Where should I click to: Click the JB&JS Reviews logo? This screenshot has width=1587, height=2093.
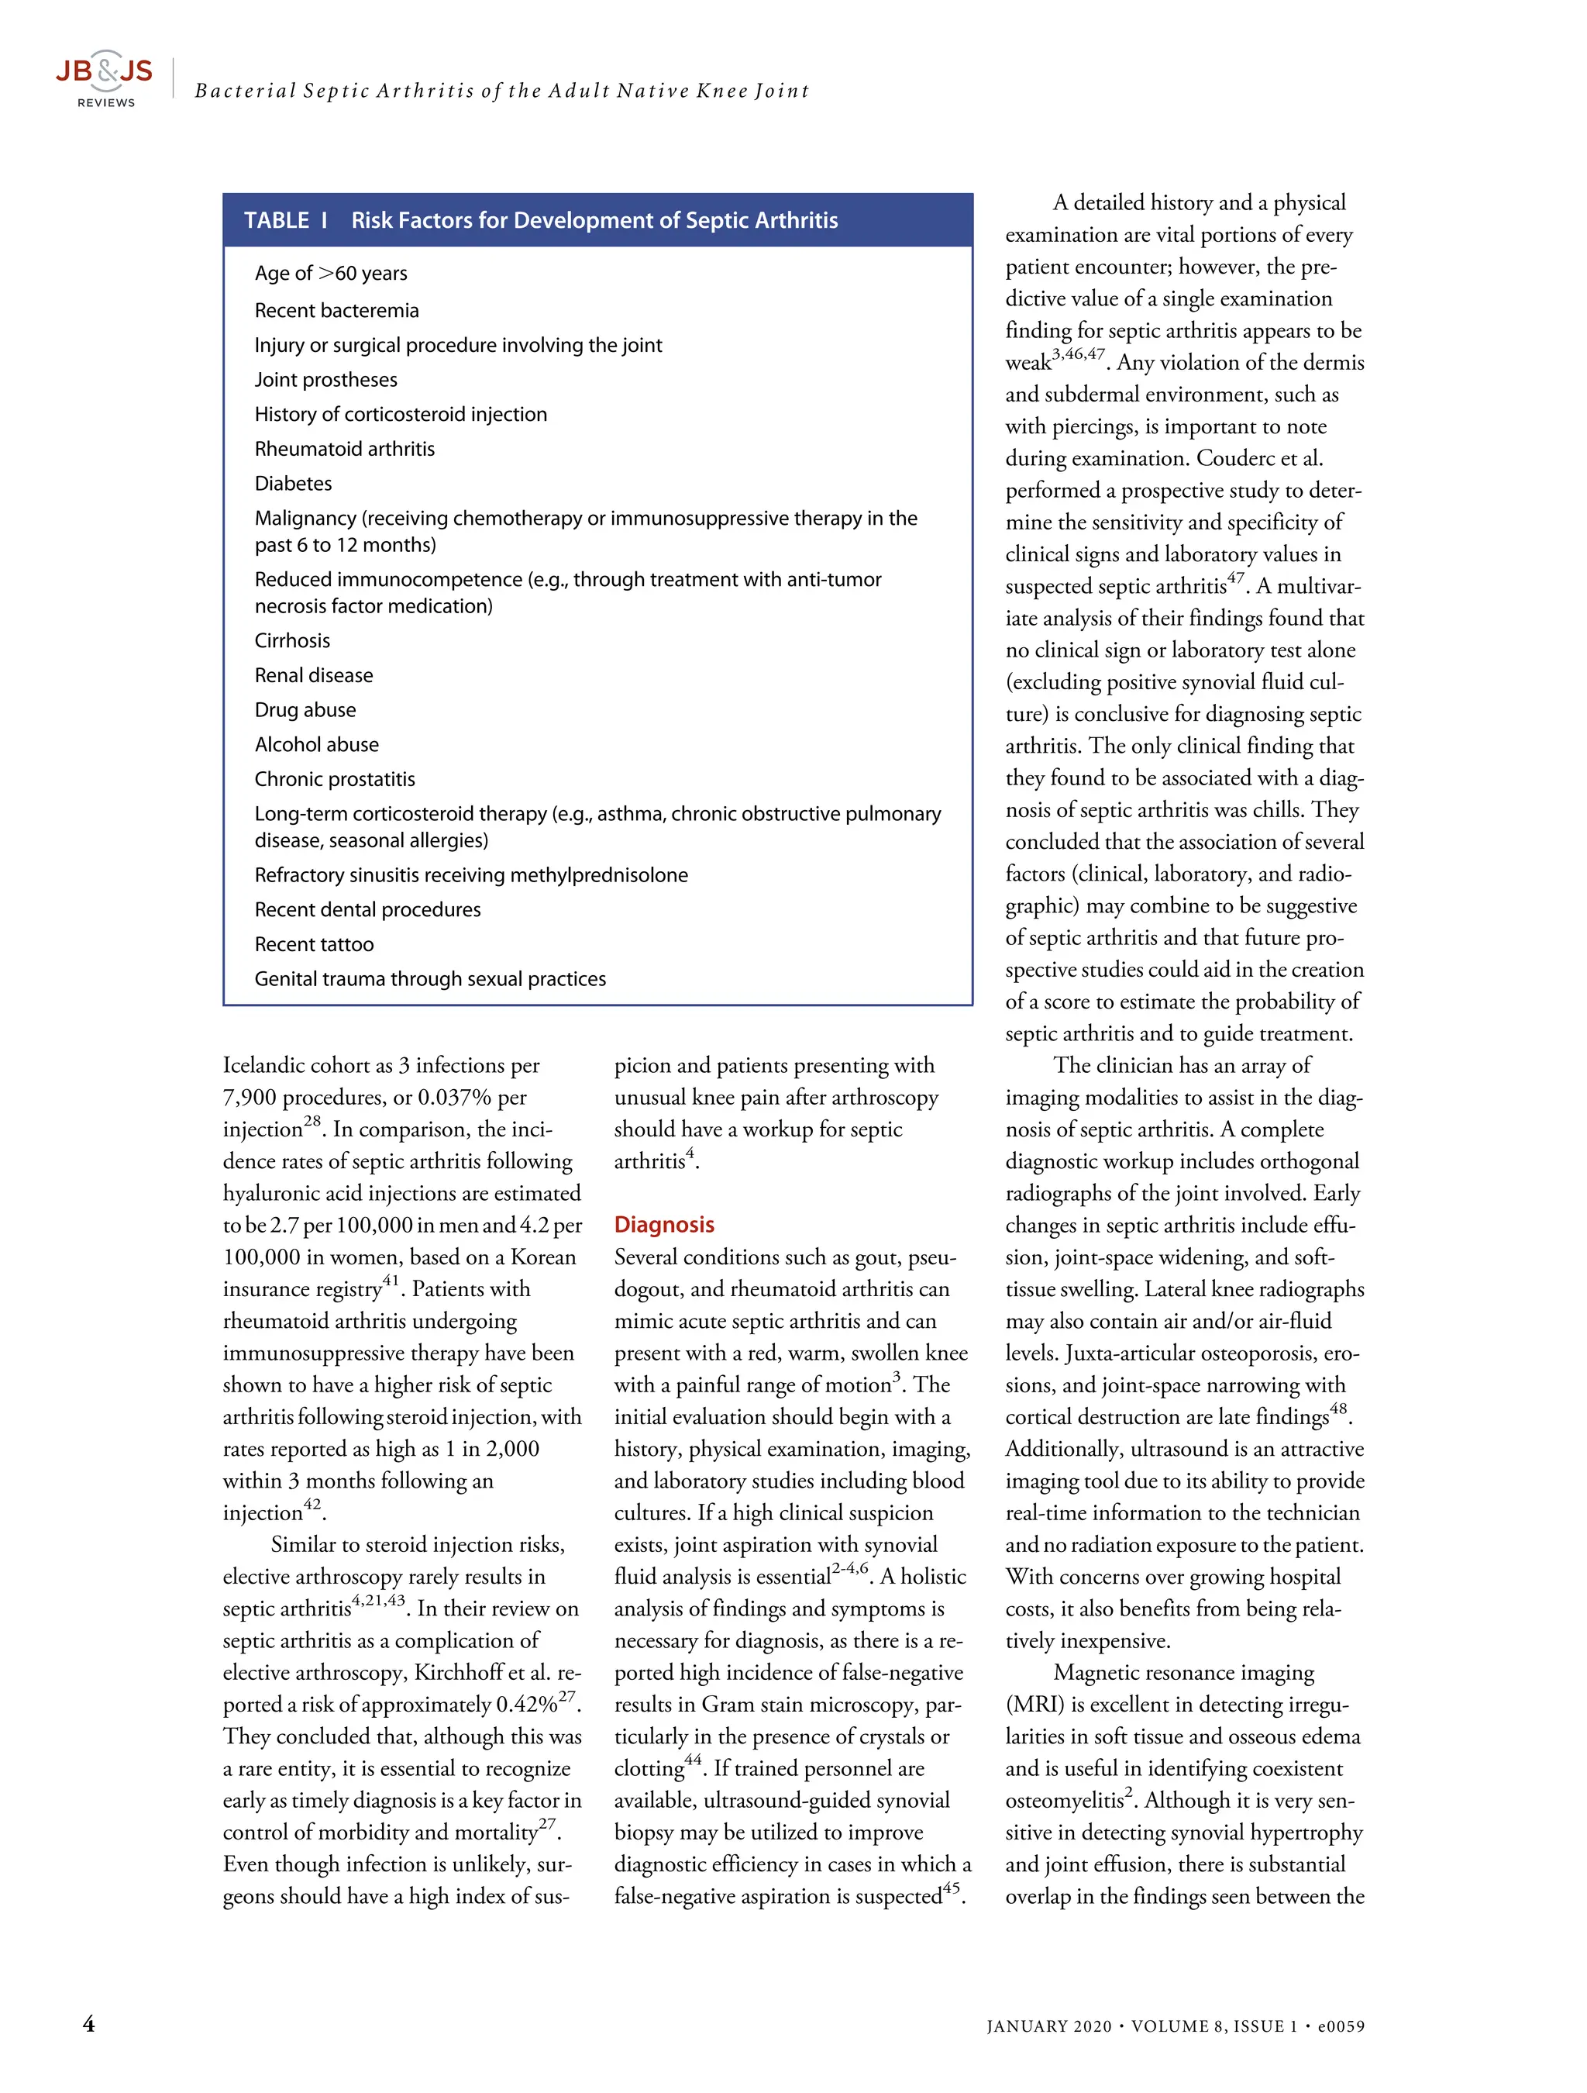103,78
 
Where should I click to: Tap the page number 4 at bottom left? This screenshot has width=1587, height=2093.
89,2024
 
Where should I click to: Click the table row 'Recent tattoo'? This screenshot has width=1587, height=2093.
314,944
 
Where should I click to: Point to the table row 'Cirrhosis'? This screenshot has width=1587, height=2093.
292,640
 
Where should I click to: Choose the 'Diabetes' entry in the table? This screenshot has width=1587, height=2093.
293,484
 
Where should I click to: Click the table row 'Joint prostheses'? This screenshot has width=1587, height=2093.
325,379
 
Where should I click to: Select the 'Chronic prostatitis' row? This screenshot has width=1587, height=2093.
335,779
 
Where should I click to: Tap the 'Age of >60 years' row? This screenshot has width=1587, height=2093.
330,274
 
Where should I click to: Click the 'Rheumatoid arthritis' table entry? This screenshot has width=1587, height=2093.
344,449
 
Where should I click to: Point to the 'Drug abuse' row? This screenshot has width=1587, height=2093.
305,709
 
